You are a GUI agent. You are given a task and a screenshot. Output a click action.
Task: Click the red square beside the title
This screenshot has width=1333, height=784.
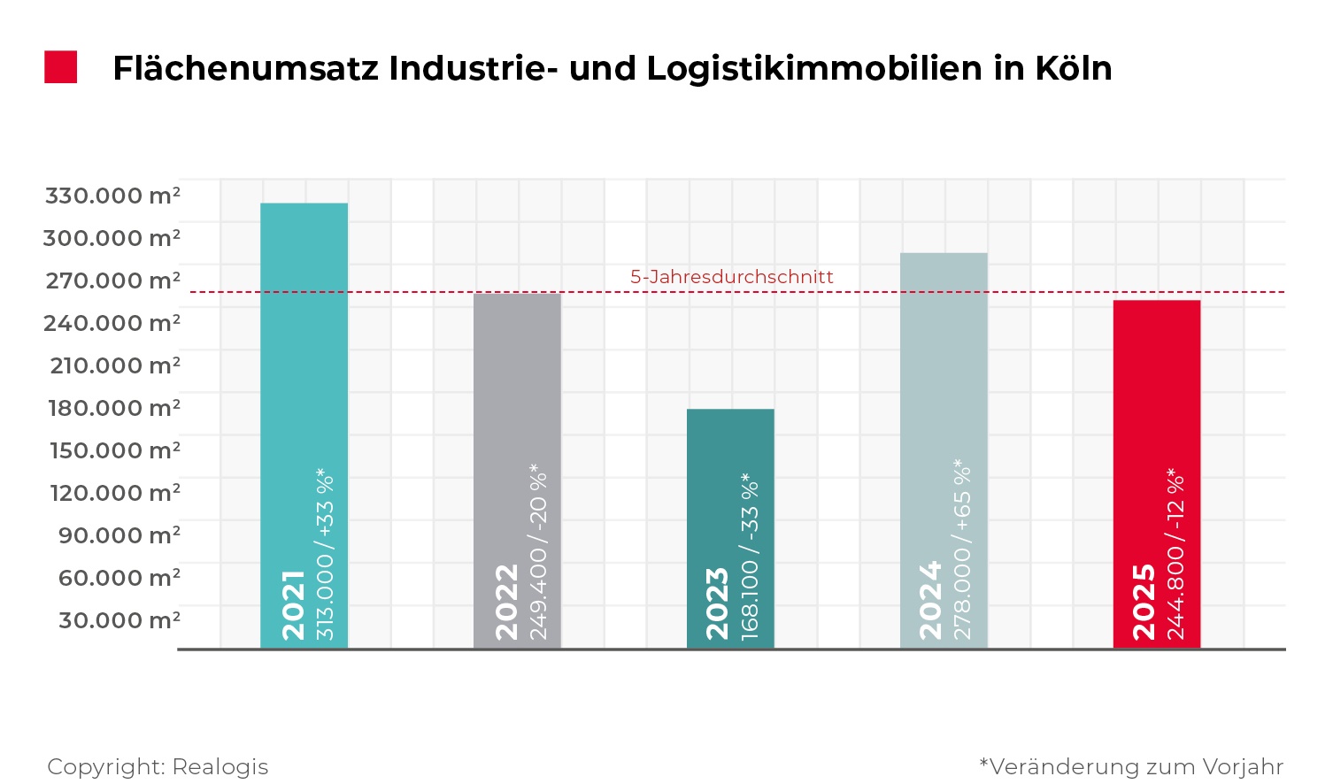click(61, 67)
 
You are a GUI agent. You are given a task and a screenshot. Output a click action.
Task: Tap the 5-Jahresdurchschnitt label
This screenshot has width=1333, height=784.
click(731, 277)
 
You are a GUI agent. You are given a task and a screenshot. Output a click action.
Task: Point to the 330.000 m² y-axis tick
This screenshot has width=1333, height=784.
click(112, 196)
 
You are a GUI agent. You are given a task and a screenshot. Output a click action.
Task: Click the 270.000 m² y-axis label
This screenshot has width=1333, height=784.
click(112, 281)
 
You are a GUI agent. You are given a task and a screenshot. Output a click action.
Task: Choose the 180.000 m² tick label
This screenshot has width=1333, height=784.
click(114, 408)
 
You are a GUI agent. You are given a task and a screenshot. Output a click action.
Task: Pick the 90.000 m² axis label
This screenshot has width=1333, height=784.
click(119, 535)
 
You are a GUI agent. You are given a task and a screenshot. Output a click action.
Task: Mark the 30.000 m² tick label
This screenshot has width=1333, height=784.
click(119, 620)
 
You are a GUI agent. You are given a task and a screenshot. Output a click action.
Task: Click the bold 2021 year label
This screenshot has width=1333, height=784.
click(293, 605)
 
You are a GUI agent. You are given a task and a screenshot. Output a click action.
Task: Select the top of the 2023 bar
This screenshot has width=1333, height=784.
click(730, 411)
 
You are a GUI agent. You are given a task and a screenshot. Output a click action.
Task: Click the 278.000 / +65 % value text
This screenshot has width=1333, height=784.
click(963, 550)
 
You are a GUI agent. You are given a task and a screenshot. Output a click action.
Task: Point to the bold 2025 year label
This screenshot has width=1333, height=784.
click(1144, 602)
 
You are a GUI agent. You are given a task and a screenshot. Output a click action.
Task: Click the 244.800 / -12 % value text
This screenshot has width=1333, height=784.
click(1175, 553)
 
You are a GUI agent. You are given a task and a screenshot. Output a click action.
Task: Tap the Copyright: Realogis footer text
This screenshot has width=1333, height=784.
click(158, 766)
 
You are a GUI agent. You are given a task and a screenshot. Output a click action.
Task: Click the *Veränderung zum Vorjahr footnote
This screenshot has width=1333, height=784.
click(1130, 766)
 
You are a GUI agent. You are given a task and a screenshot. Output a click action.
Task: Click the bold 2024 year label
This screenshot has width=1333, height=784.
click(930, 601)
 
